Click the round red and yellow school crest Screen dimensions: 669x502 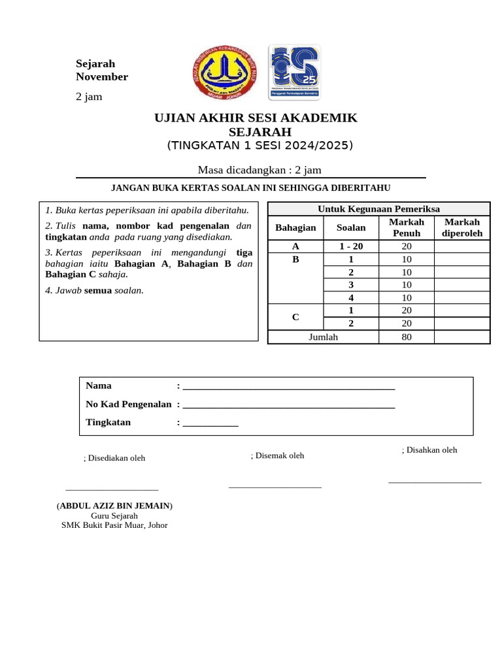click(x=225, y=73)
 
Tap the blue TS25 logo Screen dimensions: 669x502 click(x=294, y=73)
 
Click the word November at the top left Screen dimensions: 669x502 click(x=102, y=77)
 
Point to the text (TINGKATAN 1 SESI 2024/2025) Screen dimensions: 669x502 click(x=259, y=145)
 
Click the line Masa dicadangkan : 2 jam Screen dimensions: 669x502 click(x=259, y=170)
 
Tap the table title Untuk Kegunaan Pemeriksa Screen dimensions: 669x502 click(x=378, y=208)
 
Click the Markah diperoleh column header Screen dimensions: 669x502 click(x=461, y=227)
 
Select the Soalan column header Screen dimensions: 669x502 click(x=350, y=227)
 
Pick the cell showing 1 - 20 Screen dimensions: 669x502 click(x=350, y=246)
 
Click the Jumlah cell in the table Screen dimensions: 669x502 click(x=323, y=337)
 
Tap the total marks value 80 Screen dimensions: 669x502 click(x=407, y=337)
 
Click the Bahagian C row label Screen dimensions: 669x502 click(x=295, y=318)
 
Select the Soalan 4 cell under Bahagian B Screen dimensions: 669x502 click(x=350, y=298)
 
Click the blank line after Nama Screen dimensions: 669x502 click(x=289, y=388)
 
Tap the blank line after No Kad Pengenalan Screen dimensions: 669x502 click(x=289, y=406)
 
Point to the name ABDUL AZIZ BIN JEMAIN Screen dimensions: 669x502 click(x=115, y=506)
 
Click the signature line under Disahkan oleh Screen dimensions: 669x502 click(x=435, y=482)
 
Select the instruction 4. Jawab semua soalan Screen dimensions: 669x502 click(x=94, y=290)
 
